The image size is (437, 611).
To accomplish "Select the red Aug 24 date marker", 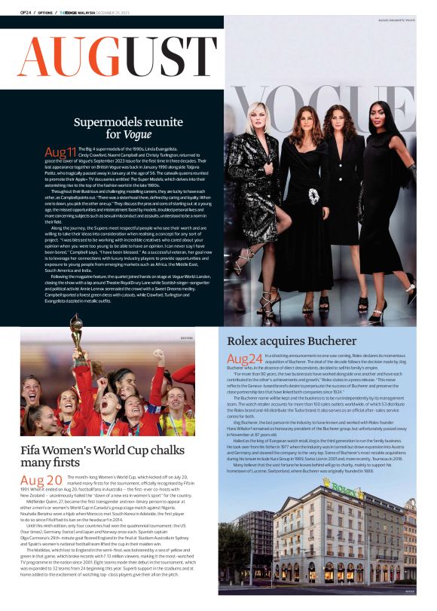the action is click(x=244, y=359).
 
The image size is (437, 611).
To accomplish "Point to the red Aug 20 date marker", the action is click(x=41, y=481).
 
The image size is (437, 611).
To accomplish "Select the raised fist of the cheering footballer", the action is click(x=159, y=354).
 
